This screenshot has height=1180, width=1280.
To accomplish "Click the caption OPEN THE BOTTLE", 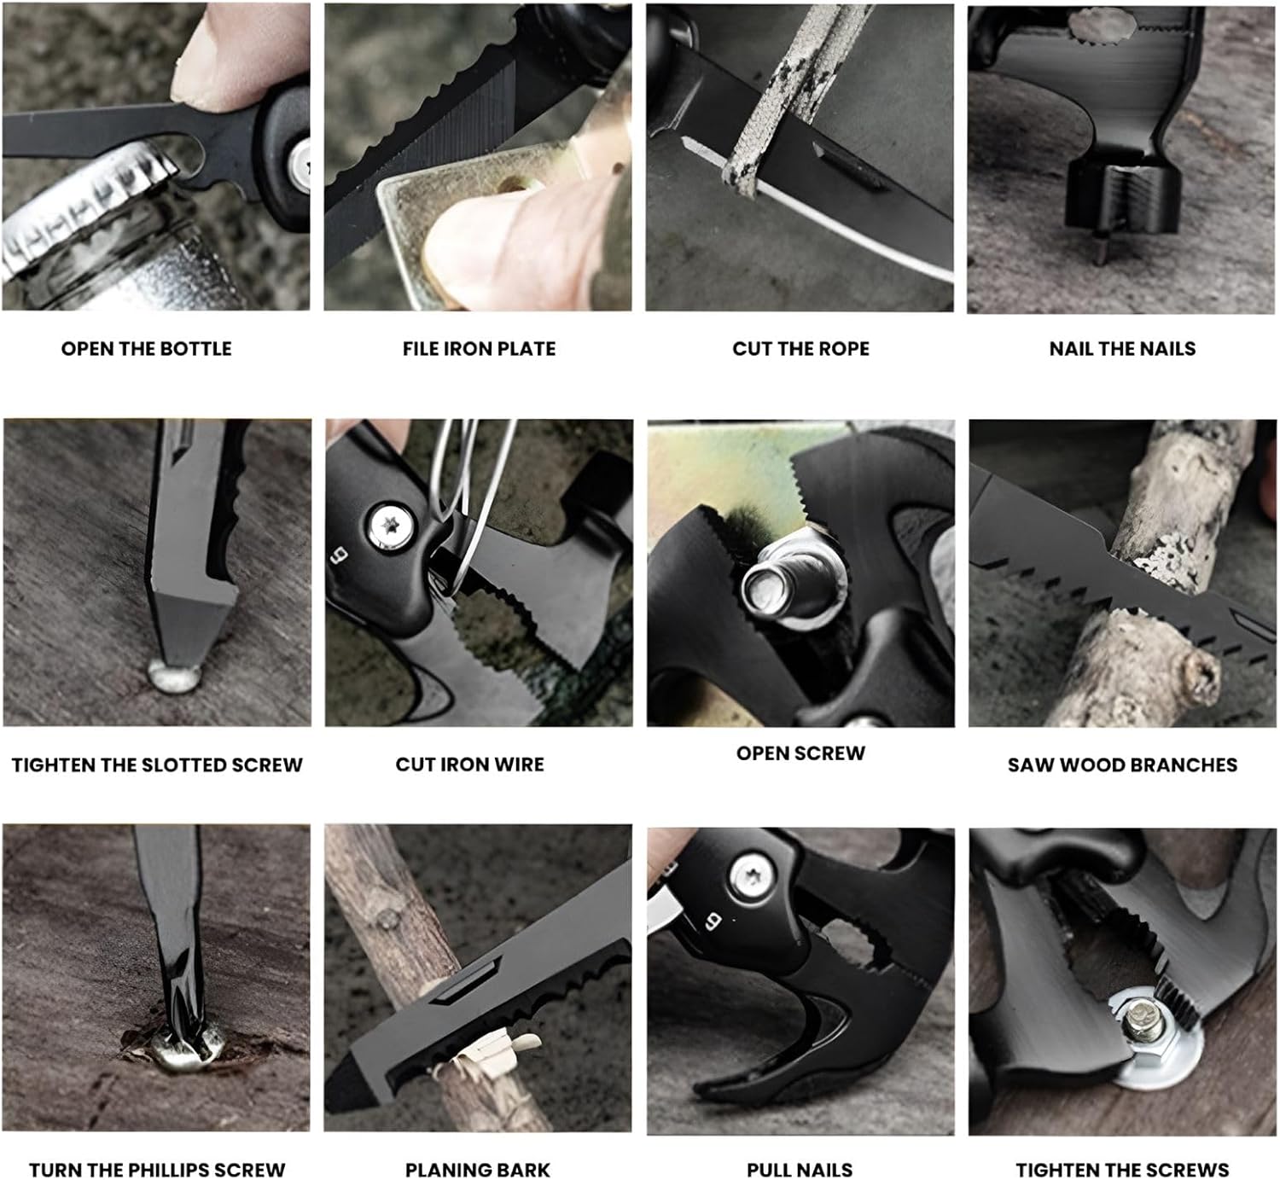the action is pos(146,349).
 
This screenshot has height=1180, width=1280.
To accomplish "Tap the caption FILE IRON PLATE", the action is pos(479,349).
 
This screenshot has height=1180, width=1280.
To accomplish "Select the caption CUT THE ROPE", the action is pos(800,349).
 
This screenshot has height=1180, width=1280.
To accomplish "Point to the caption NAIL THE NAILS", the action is pos(1122,349).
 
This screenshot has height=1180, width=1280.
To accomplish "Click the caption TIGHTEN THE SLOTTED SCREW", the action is pos(157,765).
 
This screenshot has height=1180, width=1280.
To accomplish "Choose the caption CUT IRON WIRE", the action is pos(470,764).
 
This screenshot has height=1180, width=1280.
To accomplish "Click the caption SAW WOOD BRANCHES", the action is pos(1123,765).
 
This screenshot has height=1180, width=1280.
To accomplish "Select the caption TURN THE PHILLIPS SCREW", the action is pos(157,1170).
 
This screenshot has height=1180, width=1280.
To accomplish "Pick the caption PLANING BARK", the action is pos(478,1170).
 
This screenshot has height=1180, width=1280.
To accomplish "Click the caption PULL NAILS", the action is pos(800,1170).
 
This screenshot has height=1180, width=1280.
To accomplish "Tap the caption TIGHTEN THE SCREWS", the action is pos(1123,1170).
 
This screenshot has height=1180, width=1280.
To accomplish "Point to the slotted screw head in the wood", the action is pos(174,677).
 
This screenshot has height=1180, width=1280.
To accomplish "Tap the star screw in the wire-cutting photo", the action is pos(391,526).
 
